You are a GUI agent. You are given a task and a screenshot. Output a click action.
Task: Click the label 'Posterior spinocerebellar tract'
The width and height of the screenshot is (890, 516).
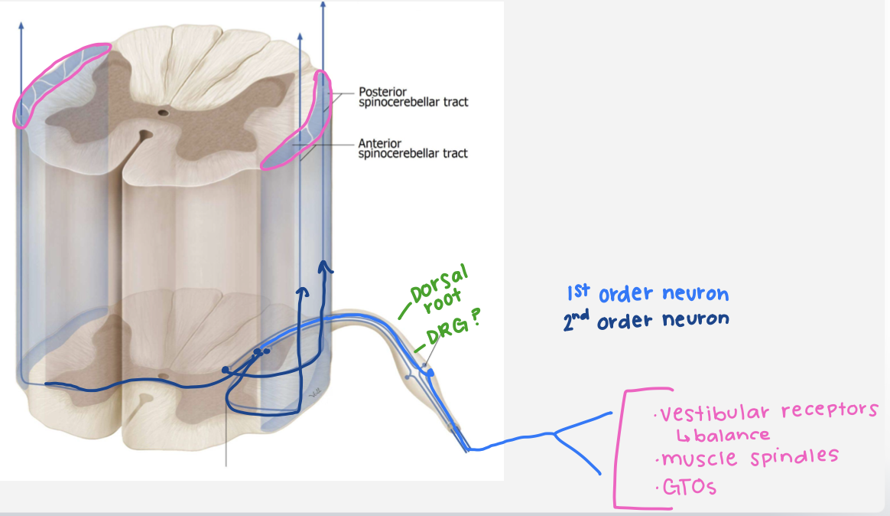413,97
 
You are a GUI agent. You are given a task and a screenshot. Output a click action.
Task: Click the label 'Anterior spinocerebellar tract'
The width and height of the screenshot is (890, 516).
413,148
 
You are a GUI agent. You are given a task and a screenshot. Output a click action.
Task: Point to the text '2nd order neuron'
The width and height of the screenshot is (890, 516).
645,321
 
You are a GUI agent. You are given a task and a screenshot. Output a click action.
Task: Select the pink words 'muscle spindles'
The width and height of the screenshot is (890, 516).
749,459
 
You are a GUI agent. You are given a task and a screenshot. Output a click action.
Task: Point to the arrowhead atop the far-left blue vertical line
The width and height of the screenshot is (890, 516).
21,24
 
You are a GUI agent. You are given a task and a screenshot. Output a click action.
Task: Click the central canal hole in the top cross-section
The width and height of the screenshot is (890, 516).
163,113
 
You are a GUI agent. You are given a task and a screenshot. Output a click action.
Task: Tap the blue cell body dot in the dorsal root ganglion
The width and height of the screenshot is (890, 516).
430,372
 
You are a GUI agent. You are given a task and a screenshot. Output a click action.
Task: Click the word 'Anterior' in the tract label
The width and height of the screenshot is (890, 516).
378,142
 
